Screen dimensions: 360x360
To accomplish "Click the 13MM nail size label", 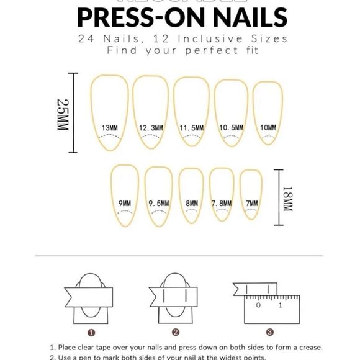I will click(x=109, y=128).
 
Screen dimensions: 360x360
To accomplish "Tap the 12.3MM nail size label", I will click(x=151, y=128).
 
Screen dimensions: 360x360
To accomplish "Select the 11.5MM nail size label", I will click(x=192, y=128).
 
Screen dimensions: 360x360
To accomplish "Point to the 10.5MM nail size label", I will click(x=232, y=128).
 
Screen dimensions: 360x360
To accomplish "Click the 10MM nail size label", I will click(x=268, y=128).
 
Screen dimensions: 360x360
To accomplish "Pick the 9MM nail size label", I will click(x=125, y=203).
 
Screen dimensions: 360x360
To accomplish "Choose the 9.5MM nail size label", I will click(x=159, y=203).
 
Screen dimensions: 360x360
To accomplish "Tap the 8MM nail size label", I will click(x=192, y=203).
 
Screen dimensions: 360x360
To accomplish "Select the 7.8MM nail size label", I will click(x=222, y=203).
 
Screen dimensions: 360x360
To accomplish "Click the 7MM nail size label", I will click(x=251, y=203).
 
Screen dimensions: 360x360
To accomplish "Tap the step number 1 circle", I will click(x=91, y=332).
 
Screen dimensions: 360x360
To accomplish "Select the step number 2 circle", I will click(x=176, y=332).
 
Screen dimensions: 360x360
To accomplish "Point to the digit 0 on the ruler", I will click(x=258, y=305).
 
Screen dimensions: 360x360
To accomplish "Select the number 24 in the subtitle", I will click(x=87, y=38).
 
